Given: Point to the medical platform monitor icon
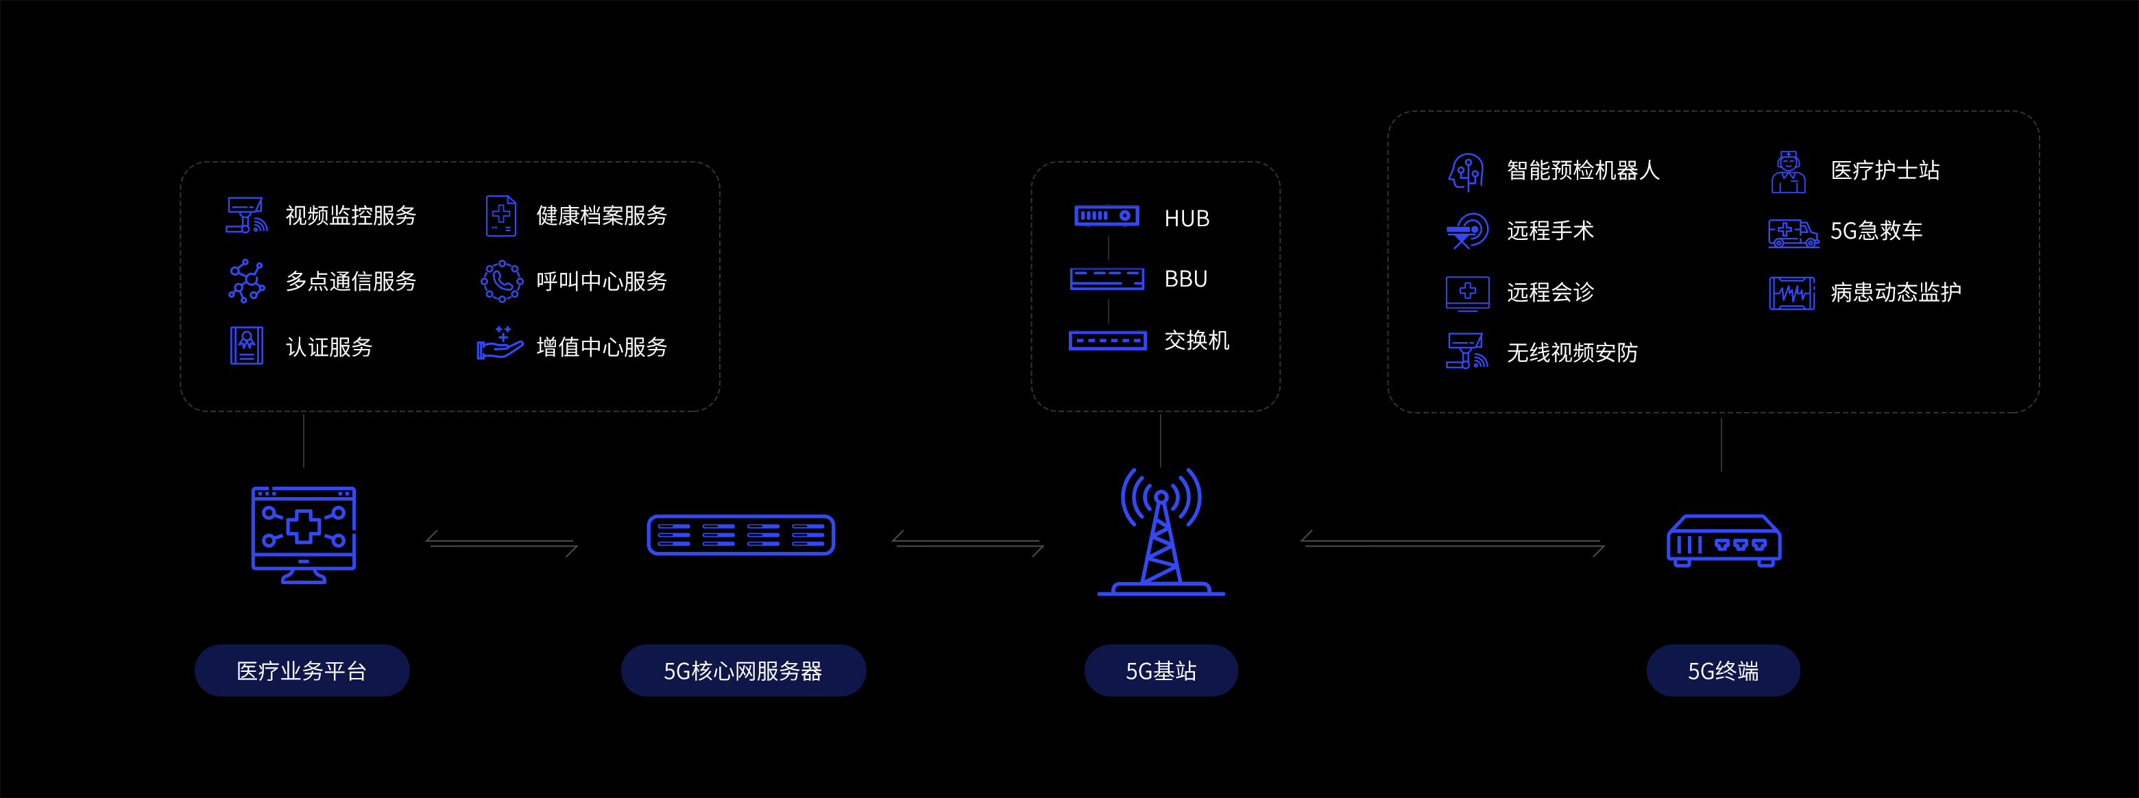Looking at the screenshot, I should pos(304,534).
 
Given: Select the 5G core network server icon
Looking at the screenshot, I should pos(740,535).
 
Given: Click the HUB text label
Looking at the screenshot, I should pos(1187,219).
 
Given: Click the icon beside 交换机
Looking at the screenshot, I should pos(1108,341).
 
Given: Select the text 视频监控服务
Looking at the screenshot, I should pos(350,216).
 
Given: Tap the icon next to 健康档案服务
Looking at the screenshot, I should pos(500,216).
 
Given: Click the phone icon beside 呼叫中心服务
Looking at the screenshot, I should pos(502,282).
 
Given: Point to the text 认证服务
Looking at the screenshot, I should pos(329,347).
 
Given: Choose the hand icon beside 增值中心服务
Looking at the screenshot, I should pos(500,343).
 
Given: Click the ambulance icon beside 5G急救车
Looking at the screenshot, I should pos(1793,233).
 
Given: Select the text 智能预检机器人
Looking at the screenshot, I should pos(1583,170).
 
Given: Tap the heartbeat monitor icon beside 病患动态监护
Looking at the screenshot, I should pos(1791,293).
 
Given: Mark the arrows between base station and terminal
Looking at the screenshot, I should pos(1451,543).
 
